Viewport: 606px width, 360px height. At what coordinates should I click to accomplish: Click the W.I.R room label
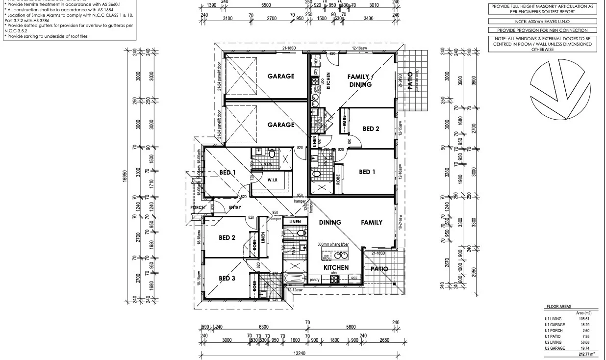point(273,180)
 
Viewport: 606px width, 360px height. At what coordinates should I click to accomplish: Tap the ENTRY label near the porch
point(235,207)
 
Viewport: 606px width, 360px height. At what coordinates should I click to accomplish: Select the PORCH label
point(198,208)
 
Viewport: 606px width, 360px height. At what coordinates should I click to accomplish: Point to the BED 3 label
point(227,278)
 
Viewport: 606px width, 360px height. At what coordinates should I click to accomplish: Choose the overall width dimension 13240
point(300,353)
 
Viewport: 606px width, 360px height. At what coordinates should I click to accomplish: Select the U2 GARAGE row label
point(555,348)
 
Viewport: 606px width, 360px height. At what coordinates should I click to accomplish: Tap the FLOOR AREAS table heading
point(558,307)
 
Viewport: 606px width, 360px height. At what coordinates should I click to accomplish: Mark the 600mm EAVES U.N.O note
point(542,22)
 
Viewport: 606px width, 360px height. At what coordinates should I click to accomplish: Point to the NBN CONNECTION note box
point(542,30)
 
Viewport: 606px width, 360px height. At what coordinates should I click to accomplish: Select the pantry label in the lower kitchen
point(315,280)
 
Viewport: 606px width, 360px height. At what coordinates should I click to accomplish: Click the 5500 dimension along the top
point(266,5)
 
